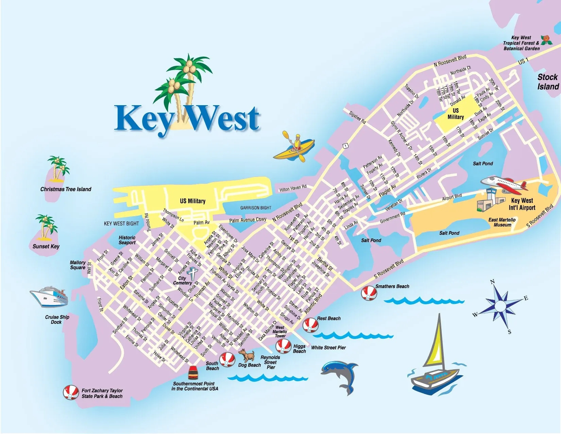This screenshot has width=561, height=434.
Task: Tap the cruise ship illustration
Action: [x=50, y=296]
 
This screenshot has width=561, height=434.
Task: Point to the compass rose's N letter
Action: [x=492, y=282]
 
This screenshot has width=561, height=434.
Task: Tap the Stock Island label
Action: [x=548, y=82]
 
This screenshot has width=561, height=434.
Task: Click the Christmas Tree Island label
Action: [x=66, y=189]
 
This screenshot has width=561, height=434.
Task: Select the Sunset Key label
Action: [x=46, y=246]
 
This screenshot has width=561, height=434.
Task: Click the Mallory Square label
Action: [x=78, y=265]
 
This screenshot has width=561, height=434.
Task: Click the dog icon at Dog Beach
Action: [x=248, y=355]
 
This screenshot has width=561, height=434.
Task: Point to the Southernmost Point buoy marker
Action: [x=193, y=372]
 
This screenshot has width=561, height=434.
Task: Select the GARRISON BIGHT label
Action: [x=256, y=208]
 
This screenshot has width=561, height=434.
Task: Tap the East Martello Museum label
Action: [x=502, y=222]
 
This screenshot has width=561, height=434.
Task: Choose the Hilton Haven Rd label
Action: [x=293, y=188]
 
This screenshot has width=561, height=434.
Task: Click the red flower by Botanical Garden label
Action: [x=546, y=39]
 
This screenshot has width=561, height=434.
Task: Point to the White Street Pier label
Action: [x=328, y=348]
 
